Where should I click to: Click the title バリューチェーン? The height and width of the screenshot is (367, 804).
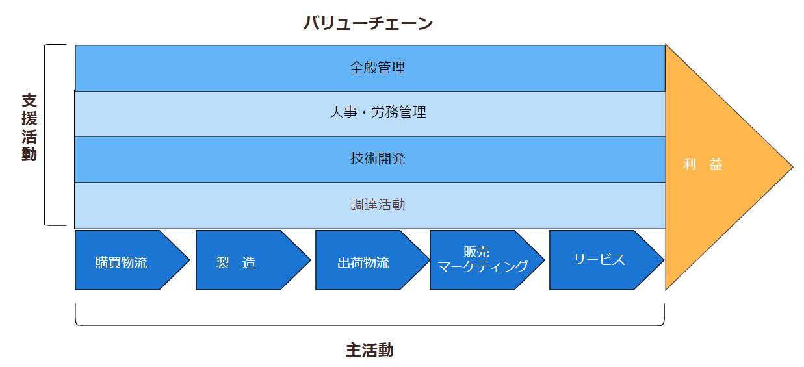coord(368,24)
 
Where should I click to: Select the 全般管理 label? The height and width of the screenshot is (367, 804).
coord(377,68)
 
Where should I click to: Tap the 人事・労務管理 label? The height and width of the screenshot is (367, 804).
coord(377,112)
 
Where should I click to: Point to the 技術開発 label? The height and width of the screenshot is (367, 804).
coord(377,158)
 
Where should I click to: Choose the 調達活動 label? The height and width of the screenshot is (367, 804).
coord(377,205)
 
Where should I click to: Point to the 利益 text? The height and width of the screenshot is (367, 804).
coord(703,165)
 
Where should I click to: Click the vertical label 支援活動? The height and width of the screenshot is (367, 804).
coord(29,127)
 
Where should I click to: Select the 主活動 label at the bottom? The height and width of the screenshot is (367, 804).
coord(369,350)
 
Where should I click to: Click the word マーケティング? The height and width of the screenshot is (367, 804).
coord(482,266)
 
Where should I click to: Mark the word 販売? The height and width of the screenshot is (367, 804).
coord(476,252)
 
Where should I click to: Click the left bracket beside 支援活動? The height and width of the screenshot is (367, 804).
coord(47,135)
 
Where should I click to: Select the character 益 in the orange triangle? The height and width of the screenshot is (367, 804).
coord(716,165)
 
